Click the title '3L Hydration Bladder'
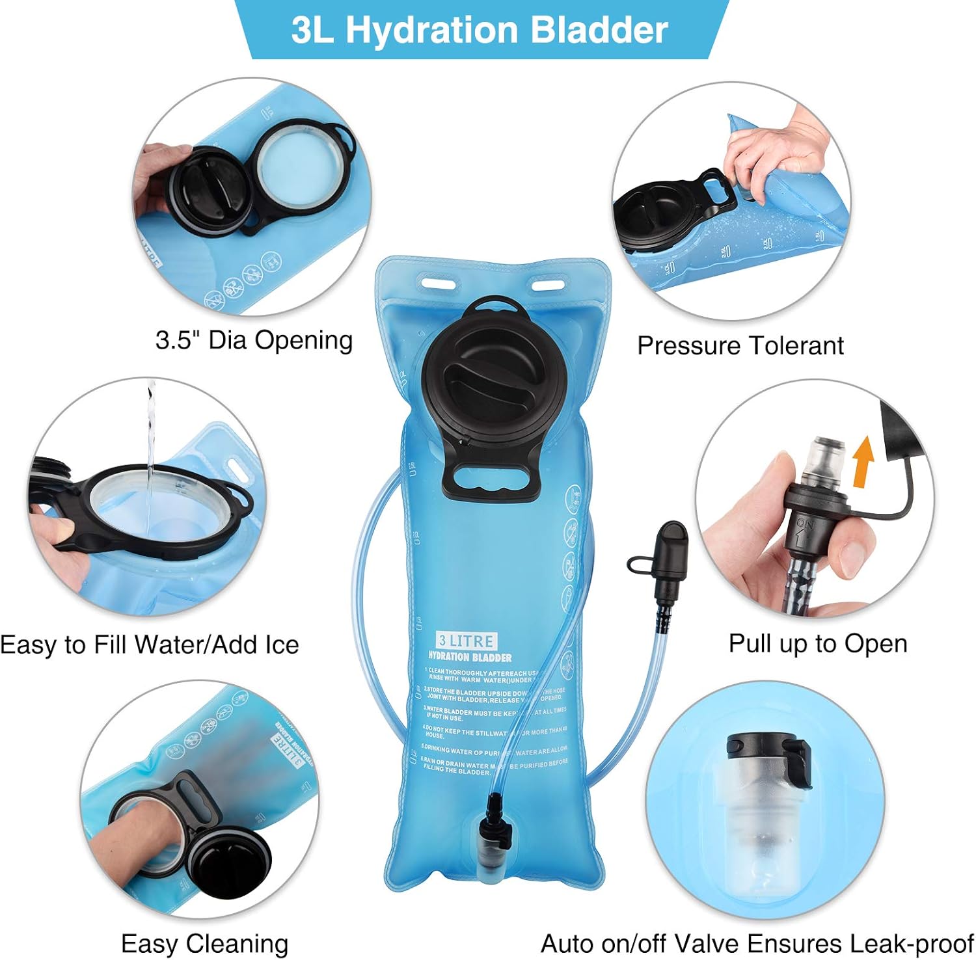pos(480,30)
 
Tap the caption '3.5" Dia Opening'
pos(254,340)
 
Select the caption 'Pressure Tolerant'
pos(740,345)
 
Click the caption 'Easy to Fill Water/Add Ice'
pos(150,645)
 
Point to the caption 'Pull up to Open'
pos(818,643)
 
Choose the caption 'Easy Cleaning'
pos(204,943)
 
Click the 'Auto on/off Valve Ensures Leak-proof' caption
pos(757,943)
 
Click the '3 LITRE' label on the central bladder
pos(467,641)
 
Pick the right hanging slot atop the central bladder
pos(548,284)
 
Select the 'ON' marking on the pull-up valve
pos(805,524)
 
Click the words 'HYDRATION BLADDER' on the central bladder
pos(470,658)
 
